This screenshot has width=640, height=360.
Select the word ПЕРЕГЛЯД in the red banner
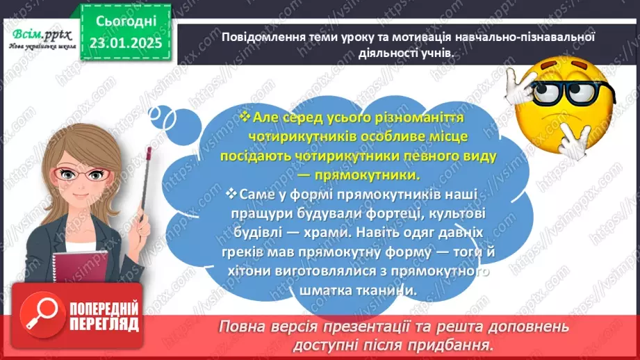[105, 324]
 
